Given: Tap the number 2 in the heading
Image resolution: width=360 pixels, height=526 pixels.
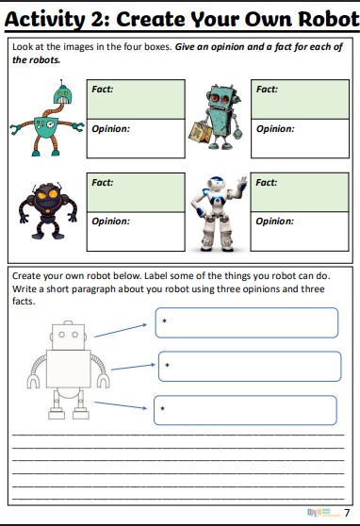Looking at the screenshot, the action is pyautogui.click(x=99, y=20).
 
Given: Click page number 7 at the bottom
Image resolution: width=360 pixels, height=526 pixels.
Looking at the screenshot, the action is pyautogui.click(x=347, y=513).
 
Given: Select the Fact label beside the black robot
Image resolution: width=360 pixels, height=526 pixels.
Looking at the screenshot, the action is pyautogui.click(x=103, y=183).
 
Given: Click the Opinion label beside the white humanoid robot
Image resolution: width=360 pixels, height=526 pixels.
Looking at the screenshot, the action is pyautogui.click(x=274, y=222).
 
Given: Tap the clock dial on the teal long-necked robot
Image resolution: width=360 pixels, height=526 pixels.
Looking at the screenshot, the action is pyautogui.click(x=50, y=124).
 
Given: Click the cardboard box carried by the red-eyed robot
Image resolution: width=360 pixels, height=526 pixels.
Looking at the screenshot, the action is pyautogui.click(x=200, y=132).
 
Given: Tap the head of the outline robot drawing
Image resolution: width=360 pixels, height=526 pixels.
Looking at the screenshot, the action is pyautogui.click(x=68, y=336).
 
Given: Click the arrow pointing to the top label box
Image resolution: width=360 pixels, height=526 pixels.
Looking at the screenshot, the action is pyautogui.click(x=121, y=331).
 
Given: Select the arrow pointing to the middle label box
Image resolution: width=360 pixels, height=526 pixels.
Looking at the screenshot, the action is pyautogui.click(x=133, y=367).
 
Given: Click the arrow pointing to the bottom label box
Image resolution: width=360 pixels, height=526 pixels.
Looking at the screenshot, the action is pyautogui.click(x=121, y=405).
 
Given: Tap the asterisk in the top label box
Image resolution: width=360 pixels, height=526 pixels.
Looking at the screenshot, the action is pyautogui.click(x=164, y=321).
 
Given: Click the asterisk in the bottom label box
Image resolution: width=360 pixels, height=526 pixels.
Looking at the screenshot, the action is pyautogui.click(x=162, y=408).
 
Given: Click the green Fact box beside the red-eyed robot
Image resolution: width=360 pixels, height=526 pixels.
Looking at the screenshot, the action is pyautogui.click(x=300, y=99).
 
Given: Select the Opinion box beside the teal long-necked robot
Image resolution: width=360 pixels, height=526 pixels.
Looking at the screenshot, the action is pyautogui.click(x=136, y=139).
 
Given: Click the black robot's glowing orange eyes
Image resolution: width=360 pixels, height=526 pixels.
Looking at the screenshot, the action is pyautogui.click(x=47, y=194).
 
